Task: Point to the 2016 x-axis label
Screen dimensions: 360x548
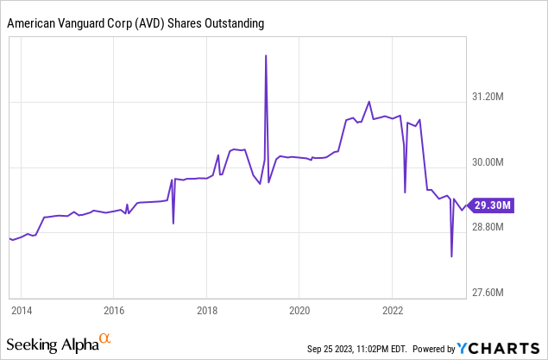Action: click(x=114, y=309)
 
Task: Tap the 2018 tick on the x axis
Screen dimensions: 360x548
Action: click(x=206, y=309)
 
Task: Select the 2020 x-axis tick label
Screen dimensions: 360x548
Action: click(x=299, y=309)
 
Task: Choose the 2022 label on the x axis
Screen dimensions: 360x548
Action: click(x=393, y=309)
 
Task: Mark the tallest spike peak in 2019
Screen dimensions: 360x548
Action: click(x=266, y=55)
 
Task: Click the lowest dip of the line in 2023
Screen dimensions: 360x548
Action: click(x=451, y=256)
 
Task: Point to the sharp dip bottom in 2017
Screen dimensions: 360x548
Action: click(x=173, y=224)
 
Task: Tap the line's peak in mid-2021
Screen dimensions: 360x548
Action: click(x=368, y=102)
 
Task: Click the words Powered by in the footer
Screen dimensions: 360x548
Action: click(x=434, y=349)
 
